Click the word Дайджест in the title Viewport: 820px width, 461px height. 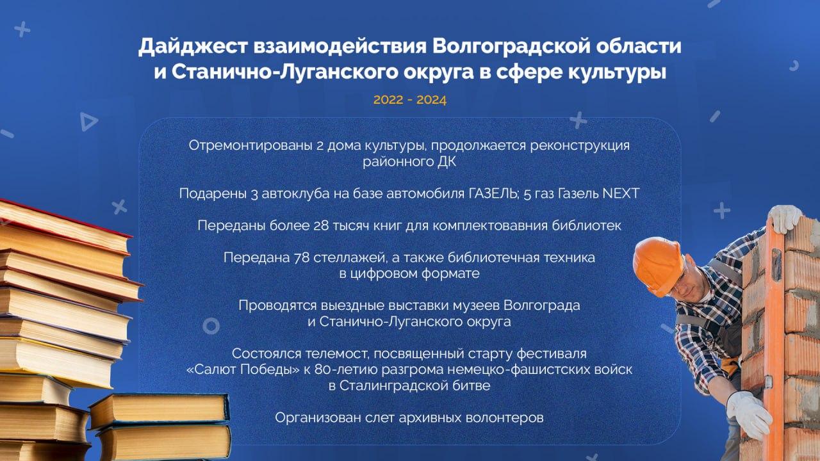[193, 47]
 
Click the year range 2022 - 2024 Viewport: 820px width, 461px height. [409, 100]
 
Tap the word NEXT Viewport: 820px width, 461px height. [621, 193]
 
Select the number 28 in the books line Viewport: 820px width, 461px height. [321, 225]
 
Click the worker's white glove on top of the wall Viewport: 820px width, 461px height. [785, 218]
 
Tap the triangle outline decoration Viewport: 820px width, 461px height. [88, 122]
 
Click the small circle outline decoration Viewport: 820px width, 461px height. [211, 326]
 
